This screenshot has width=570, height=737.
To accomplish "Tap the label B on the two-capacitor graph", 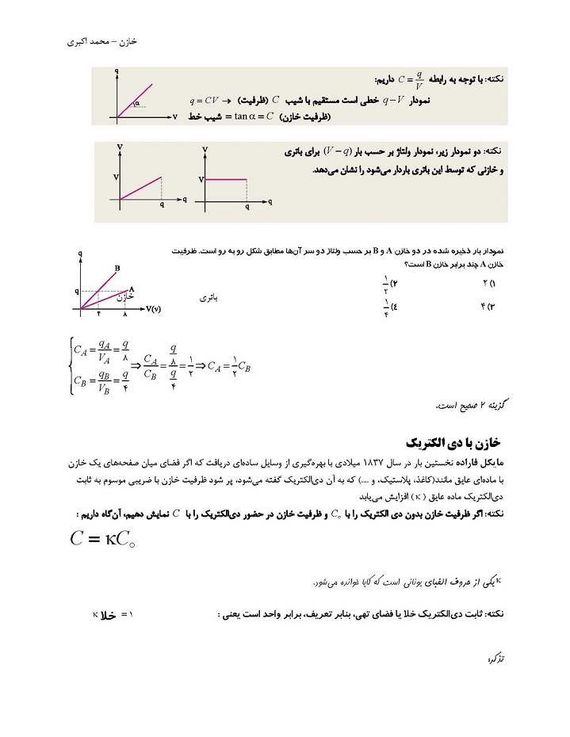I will click(117, 268).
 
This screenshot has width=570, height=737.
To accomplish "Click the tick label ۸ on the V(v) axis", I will click(124, 315).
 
